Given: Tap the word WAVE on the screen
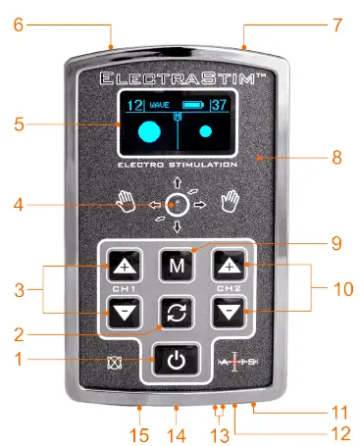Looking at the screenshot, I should [x=158, y=105].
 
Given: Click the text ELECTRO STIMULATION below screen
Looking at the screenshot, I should [x=178, y=164].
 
